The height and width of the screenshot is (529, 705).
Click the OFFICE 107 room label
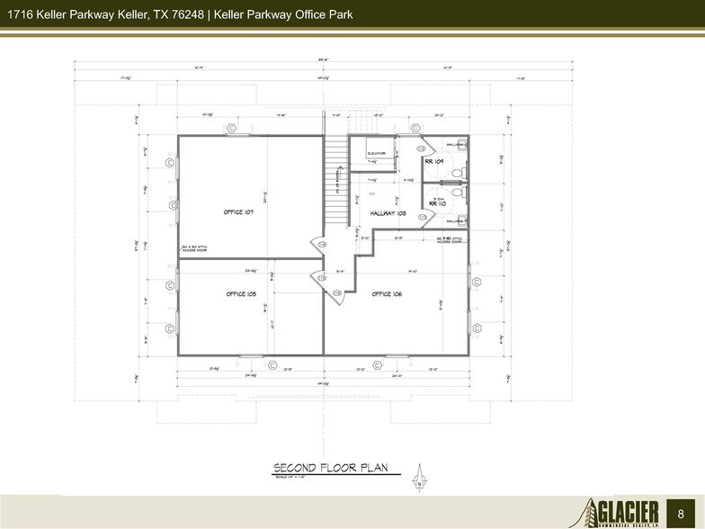click(238, 212)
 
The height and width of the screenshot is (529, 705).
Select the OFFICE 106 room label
click(386, 294)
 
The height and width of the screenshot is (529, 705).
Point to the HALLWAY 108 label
click(388, 214)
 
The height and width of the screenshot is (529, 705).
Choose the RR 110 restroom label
click(437, 204)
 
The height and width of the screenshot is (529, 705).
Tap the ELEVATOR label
click(376, 153)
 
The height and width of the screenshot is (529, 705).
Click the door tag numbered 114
click(321, 244)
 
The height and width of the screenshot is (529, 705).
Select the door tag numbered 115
click(321, 278)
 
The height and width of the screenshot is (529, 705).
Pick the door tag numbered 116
click(337, 292)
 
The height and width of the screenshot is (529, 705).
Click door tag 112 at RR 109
click(421, 148)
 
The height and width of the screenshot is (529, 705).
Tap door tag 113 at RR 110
click(422, 217)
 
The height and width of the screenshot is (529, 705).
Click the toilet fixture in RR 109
click(457, 173)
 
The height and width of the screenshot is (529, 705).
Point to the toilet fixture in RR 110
click(457, 192)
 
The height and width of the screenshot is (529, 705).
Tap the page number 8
click(680, 511)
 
